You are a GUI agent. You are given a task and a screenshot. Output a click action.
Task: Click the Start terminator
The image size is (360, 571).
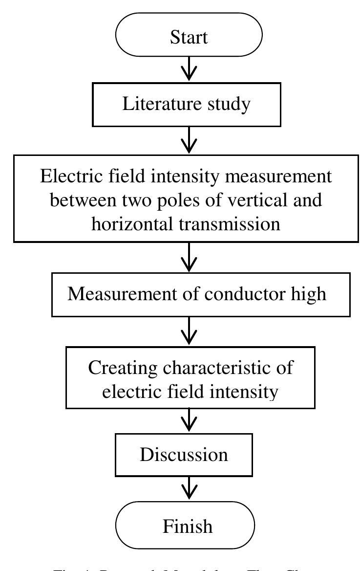tap(189, 37)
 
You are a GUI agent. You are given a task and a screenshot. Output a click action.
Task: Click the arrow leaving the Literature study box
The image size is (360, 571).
tap(189, 140)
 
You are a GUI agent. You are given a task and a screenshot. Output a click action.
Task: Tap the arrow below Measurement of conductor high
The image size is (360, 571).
tap(189, 332)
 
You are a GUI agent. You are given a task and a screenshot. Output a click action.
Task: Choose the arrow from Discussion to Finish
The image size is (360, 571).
tap(189, 488)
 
